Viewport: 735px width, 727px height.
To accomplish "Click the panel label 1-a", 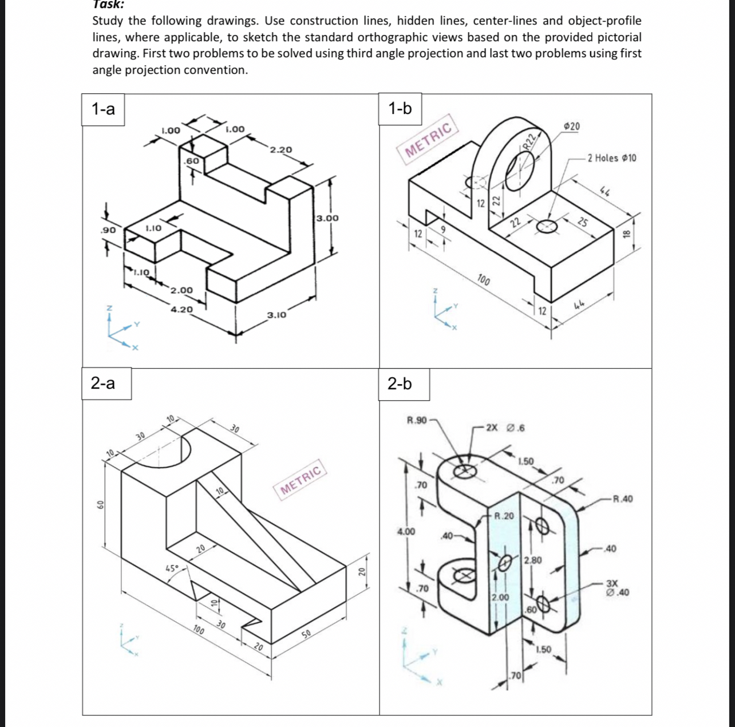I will pos(104,109).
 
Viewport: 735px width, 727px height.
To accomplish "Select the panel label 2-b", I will pos(400,384).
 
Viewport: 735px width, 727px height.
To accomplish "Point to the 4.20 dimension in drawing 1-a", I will pos(182,310).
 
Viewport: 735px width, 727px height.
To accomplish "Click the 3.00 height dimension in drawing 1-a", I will pos(327,218).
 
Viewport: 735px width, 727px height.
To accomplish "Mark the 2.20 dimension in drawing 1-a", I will pos(281,149).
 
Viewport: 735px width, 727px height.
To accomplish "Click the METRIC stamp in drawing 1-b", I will pos(429,140).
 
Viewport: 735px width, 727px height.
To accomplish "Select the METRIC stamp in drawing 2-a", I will pos(302,480).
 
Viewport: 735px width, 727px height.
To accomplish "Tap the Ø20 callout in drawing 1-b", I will pos(571,126).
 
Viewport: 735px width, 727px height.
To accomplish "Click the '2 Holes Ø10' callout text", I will pos(612,158).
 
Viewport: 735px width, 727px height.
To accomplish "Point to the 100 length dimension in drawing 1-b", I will pos(484,280).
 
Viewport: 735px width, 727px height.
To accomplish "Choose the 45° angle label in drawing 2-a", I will pos(172,568).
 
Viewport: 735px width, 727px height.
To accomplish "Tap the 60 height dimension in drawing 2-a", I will pos(100,504).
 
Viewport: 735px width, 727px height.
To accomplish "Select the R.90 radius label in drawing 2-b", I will pos(417,421).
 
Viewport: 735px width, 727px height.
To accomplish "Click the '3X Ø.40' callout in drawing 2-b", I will pos(617,588).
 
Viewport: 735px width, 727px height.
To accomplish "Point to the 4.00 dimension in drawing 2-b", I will pos(406,532).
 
